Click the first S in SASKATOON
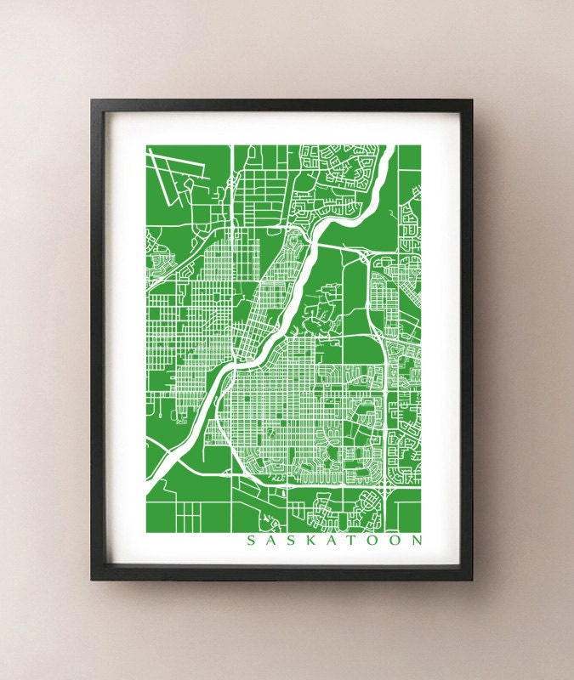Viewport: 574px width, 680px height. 250,540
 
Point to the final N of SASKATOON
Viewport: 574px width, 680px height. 417,540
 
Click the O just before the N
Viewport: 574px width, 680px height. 395,540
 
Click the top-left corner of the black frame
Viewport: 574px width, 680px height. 93,101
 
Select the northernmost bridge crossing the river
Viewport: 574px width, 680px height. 310,242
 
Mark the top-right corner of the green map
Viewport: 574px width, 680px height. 422,145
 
